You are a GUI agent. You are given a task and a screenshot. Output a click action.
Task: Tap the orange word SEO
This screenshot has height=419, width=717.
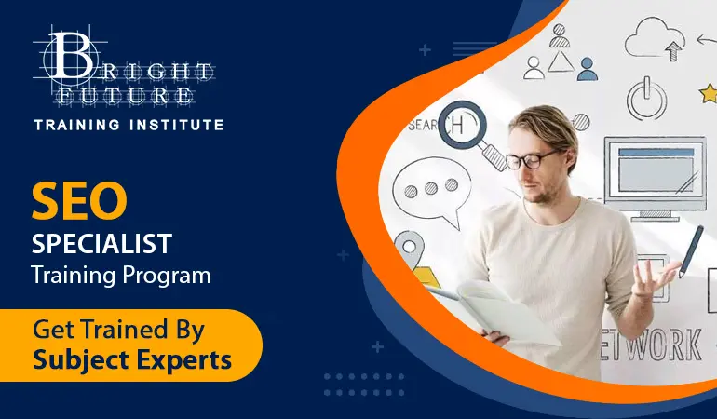click(79, 200)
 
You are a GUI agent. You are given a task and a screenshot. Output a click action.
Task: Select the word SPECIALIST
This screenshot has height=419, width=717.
click(101, 243)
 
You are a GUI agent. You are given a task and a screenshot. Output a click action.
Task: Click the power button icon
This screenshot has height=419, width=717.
click(646, 99)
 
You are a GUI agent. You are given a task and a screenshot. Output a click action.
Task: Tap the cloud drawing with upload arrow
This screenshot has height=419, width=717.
click(655, 38)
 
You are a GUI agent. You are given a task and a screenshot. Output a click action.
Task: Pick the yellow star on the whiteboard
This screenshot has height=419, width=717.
click(709, 93)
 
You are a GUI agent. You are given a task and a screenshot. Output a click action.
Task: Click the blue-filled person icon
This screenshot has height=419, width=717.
click(588, 70)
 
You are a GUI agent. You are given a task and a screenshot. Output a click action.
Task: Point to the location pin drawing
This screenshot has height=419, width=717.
click(410, 250)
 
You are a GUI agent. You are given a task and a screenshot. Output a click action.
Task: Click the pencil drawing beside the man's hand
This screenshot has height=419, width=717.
click(691, 251)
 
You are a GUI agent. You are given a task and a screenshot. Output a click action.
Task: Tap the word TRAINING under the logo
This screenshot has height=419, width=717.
click(77, 125)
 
